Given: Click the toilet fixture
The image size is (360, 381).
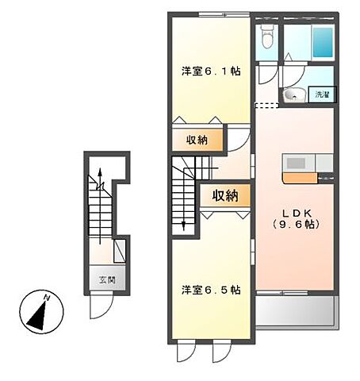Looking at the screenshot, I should pyautogui.click(x=267, y=38).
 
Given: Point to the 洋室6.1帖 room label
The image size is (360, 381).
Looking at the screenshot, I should pyautogui.click(x=210, y=71).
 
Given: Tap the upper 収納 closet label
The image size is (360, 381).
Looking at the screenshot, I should pyautogui.click(x=197, y=140).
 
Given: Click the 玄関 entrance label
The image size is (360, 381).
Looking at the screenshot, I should pyautogui.click(x=107, y=279).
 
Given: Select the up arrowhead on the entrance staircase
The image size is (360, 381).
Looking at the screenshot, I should pyautogui.click(x=99, y=172).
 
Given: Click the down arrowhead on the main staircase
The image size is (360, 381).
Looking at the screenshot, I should pyautogui.click(x=184, y=225).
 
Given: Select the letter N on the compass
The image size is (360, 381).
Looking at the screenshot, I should pyautogui.click(x=48, y=298).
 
